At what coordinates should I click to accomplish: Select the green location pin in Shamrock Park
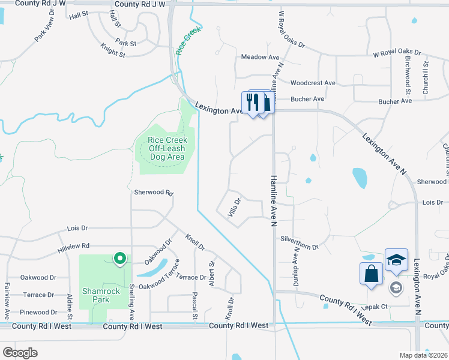(x=119, y=259)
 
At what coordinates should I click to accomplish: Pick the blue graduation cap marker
(x=396, y=260)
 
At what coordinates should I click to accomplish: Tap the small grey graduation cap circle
(x=396, y=288)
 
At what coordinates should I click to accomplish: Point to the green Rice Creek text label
(x=187, y=41)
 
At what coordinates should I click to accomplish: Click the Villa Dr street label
(x=234, y=208)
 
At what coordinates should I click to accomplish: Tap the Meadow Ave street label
(x=261, y=57)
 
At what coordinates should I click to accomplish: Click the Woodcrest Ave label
(x=312, y=83)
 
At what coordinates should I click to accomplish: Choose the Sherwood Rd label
(x=153, y=193)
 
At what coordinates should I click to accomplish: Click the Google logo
(x=20, y=353)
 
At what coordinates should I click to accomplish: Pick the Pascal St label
(x=194, y=306)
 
